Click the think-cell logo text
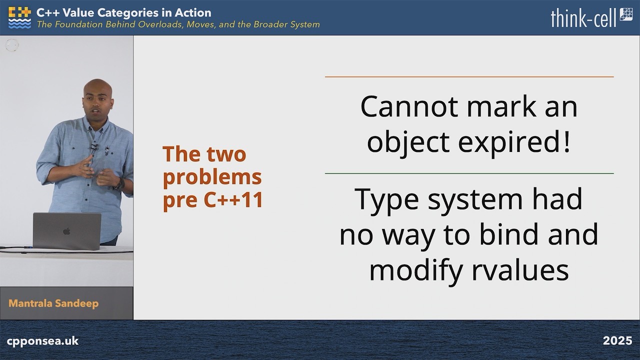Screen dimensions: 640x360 (583, 17)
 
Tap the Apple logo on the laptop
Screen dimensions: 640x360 (66, 231)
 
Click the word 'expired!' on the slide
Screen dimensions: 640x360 (514, 142)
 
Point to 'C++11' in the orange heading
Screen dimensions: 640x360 (233, 199)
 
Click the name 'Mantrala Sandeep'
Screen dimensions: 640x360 (53, 303)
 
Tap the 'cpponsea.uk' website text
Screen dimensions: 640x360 (42, 341)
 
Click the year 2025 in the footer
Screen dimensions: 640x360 (617, 340)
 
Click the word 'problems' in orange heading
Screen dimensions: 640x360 (212, 177)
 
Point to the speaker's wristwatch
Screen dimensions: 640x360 (120, 183)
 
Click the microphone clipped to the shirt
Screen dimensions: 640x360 (93, 147)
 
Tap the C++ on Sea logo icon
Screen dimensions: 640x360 (19, 17)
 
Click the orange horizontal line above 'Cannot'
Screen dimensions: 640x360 (469, 77)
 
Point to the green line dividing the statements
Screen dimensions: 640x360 (469, 173)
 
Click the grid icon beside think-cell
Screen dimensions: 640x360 (626, 14)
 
